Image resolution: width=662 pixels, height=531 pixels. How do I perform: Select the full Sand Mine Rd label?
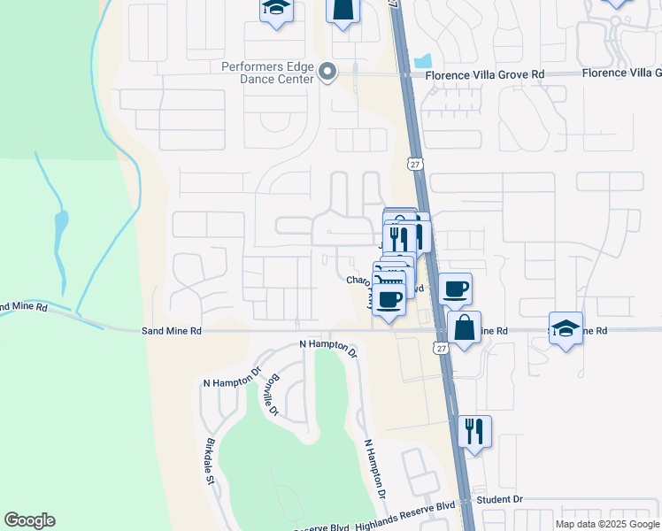point(172,330)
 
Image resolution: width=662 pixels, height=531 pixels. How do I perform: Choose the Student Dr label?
point(499,499)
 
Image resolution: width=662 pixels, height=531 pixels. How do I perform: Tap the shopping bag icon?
point(464,327)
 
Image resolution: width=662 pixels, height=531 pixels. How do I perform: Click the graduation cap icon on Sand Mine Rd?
point(566,327)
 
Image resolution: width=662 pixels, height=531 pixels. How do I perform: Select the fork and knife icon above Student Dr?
point(474,431)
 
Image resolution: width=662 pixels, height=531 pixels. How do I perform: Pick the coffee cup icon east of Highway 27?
point(455,288)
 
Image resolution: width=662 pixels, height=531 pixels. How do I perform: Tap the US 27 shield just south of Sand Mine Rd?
point(441,348)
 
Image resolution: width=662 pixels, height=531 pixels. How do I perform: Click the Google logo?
point(29,520)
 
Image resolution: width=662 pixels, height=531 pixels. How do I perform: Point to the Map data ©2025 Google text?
point(607,524)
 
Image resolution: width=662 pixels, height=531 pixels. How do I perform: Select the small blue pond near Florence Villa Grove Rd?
point(423,61)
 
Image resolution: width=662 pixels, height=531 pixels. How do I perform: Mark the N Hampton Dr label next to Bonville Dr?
point(233,382)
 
